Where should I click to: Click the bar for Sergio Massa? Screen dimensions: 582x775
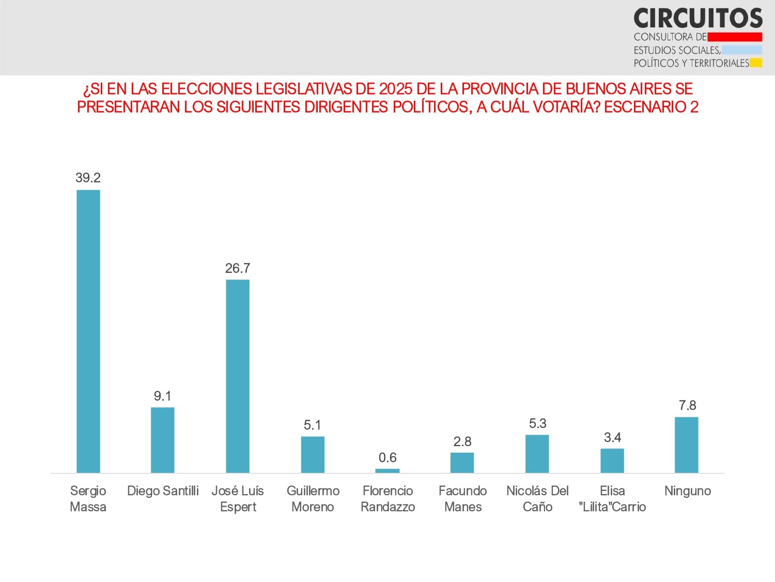tap(88, 331)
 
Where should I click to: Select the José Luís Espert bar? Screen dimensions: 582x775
tap(238, 376)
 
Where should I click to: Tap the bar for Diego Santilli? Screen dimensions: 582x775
tap(163, 440)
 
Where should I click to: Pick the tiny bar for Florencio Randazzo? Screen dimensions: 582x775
tap(388, 471)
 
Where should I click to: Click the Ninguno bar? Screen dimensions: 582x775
tap(687, 445)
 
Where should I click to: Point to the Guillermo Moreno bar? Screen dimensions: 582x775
tap(313, 454)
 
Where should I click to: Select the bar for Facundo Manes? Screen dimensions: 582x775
tap(462, 462)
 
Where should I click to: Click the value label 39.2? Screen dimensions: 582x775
tap(88, 178)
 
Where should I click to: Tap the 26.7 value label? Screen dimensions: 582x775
tap(238, 268)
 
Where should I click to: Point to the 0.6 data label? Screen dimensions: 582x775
tap(388, 457)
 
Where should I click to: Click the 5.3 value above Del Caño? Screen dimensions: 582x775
tap(537, 423)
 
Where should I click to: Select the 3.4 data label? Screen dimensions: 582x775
tap(612, 437)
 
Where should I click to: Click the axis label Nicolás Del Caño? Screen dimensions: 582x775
tap(537, 499)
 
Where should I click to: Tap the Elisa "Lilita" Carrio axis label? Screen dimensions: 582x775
tap(612, 499)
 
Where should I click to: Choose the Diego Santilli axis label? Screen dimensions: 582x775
tap(163, 491)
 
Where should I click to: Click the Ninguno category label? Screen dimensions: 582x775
tap(687, 491)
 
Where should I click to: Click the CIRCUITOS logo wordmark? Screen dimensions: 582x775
tap(698, 19)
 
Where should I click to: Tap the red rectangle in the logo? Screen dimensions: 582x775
tap(735, 37)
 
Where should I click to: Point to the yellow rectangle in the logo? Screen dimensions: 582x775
tap(756, 63)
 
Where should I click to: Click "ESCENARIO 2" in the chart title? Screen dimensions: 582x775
tap(651, 107)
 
